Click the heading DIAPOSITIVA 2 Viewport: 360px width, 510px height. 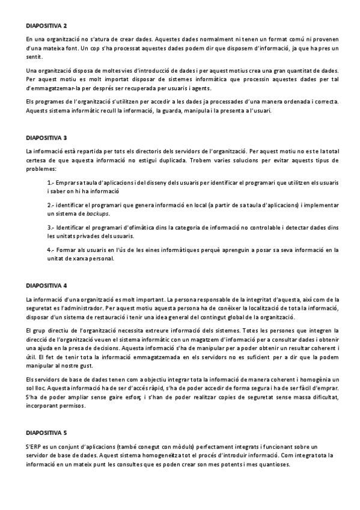tap(46, 26)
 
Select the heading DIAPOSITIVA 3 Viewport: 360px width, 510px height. tap(46, 138)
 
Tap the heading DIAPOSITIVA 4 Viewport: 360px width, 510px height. tap(46, 284)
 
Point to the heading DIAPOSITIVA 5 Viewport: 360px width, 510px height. tap(46, 432)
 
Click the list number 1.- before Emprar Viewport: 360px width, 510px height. tap(51, 182)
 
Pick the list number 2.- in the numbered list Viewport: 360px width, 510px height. tap(51, 205)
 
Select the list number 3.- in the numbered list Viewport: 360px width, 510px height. tap(51, 228)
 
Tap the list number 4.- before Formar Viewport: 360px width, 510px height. tap(51, 250)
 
